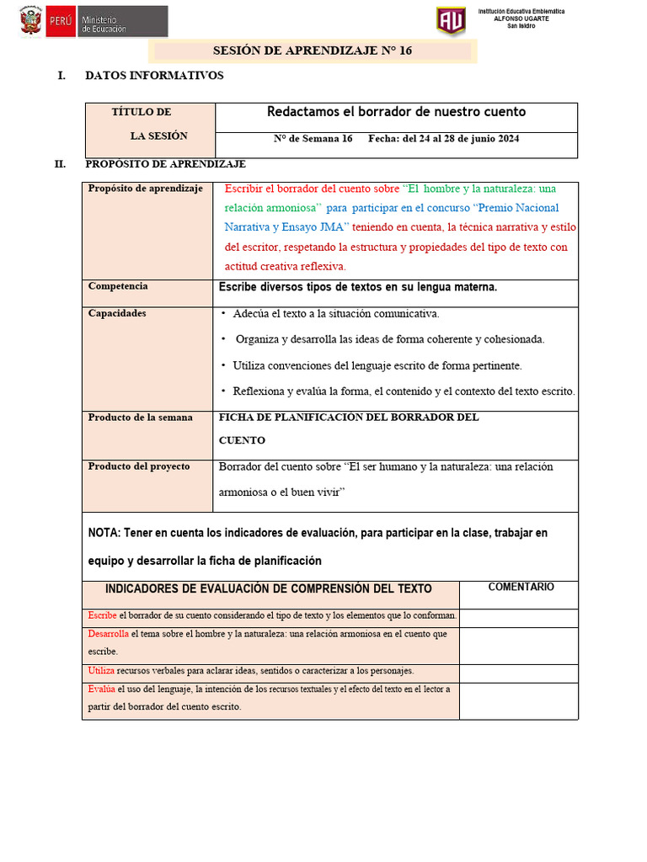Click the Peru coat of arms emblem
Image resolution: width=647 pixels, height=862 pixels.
31,22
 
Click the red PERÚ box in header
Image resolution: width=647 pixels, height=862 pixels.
61,22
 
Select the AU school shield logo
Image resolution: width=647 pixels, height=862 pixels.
450,21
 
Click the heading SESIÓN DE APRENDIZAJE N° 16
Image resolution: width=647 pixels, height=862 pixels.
312,51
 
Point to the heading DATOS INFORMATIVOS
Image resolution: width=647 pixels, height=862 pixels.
154,76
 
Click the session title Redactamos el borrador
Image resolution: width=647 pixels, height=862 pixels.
396,112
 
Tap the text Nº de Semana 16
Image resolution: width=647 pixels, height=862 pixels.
313,139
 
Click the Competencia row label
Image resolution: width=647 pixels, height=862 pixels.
118,286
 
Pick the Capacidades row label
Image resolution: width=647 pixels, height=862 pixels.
117,313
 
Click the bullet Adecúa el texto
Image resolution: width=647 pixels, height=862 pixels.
335,314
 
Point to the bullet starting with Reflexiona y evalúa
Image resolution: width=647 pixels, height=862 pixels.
404,391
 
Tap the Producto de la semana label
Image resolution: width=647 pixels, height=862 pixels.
140,418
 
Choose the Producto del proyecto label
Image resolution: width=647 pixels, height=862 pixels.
139,466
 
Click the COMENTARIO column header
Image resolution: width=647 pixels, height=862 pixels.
521,587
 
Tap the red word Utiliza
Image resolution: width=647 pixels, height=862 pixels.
102,671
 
